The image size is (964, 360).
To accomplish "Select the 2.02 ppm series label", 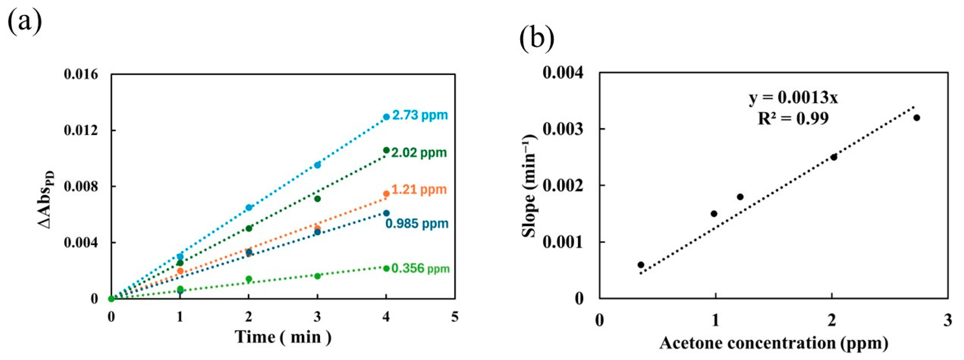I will pyautogui.click(x=419, y=153).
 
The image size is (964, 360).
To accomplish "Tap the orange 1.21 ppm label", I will pyautogui.click(x=419, y=189).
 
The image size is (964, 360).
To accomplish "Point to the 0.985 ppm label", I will pyautogui.click(x=417, y=223).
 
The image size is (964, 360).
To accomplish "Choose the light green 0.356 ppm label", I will pyautogui.click(x=420, y=268).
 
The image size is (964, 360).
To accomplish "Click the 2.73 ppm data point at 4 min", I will pyautogui.click(x=386, y=117).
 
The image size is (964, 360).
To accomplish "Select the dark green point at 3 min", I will pyautogui.click(x=317, y=199).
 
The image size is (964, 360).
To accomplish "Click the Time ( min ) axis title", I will pyautogui.click(x=283, y=337).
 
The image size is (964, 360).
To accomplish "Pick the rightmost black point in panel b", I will pyautogui.click(x=916, y=118).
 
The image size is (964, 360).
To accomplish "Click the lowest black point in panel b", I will pyautogui.click(x=641, y=265).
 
